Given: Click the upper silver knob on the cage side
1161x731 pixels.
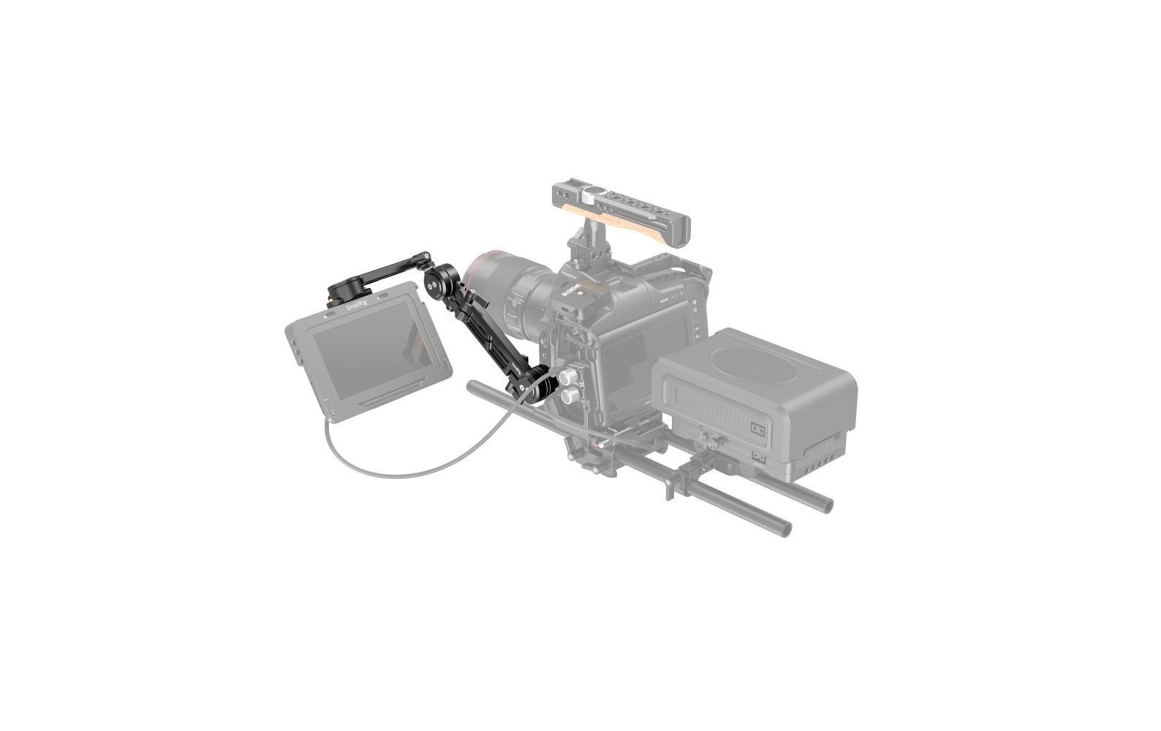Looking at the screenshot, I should [x=568, y=377].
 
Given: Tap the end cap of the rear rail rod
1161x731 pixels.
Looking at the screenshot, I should [x=825, y=504].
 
